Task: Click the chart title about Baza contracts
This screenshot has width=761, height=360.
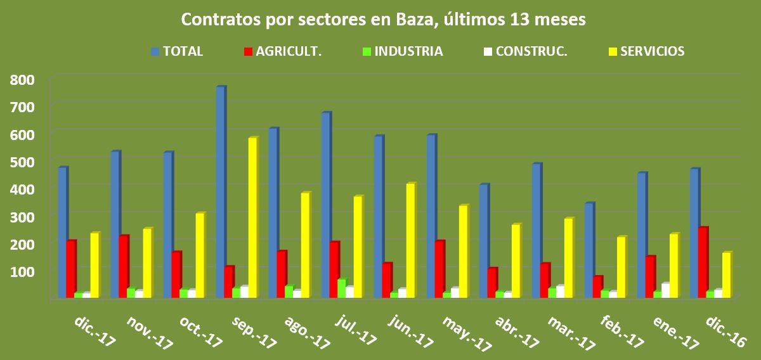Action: (x=383, y=20)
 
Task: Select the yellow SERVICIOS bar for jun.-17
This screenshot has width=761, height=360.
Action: (x=410, y=240)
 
